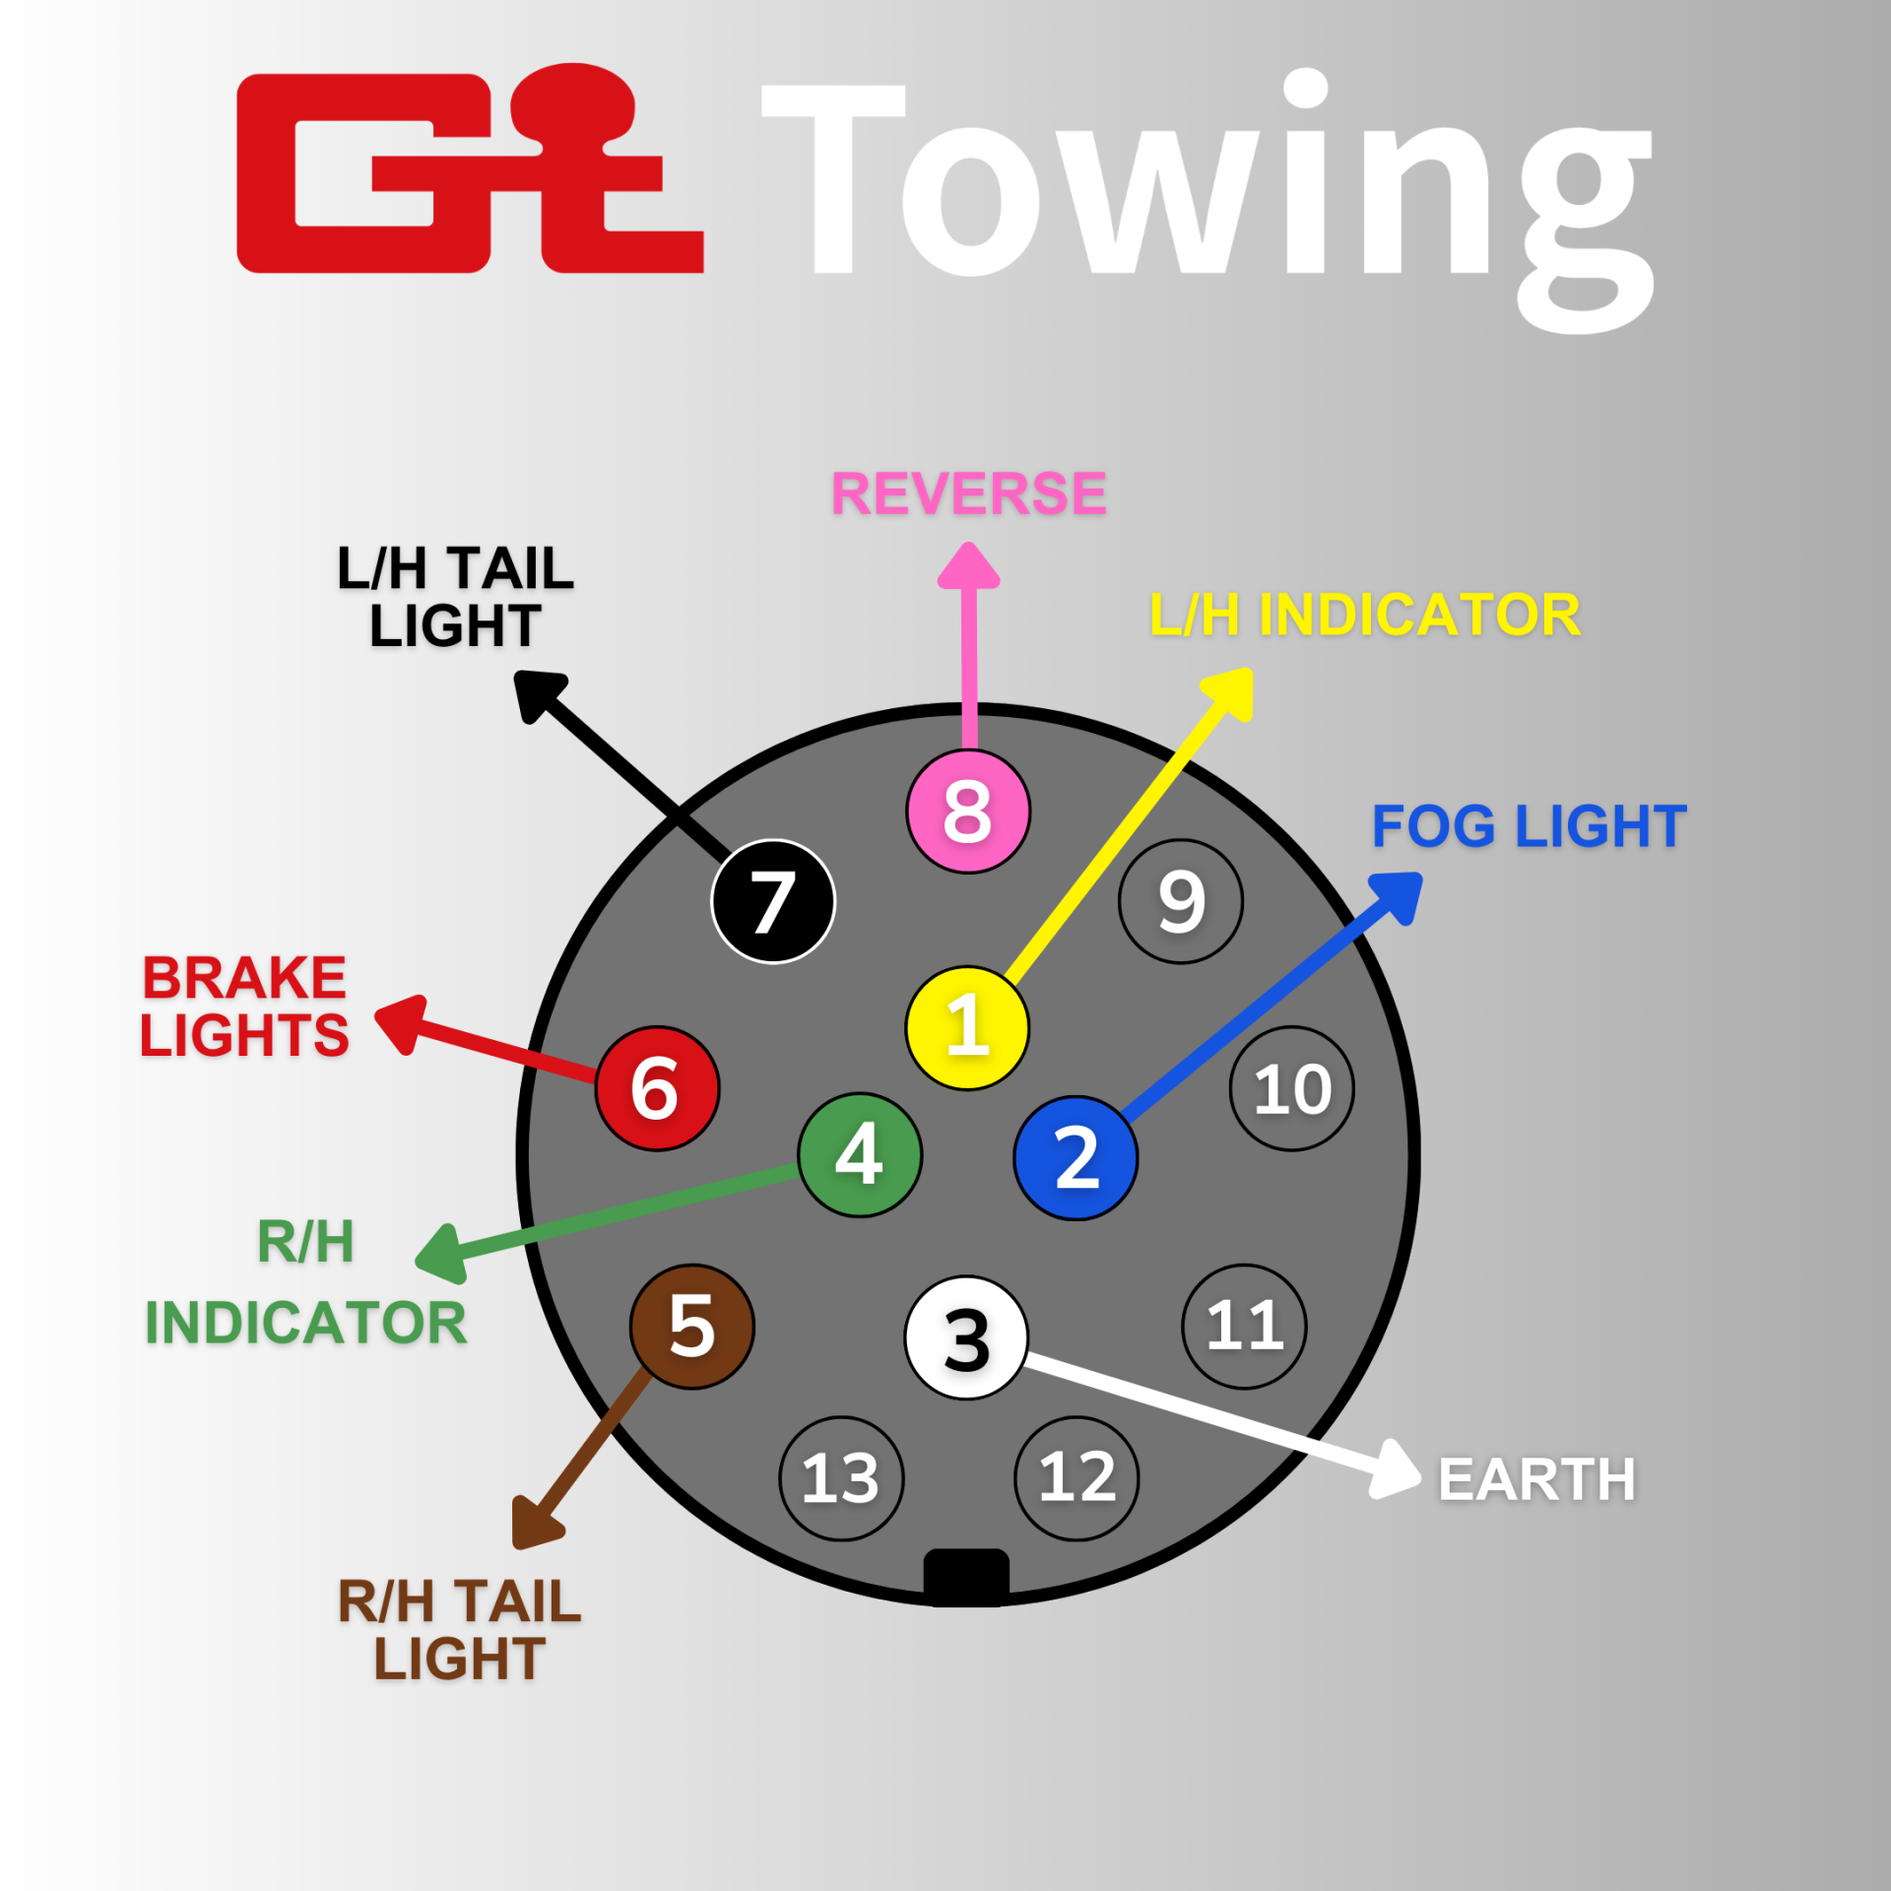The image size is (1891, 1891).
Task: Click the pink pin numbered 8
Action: pyautogui.click(x=967, y=812)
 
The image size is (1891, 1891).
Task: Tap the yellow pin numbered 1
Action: pyautogui.click(x=967, y=1027)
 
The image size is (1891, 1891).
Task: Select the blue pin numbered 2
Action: pyautogui.click(x=1076, y=1158)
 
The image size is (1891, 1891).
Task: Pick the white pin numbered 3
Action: pyautogui.click(x=966, y=1337)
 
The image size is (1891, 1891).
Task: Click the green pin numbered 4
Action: pyautogui.click(x=860, y=1154)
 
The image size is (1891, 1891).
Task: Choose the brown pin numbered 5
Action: pyautogui.click(x=692, y=1327)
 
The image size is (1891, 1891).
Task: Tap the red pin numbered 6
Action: pyautogui.click(x=657, y=1088)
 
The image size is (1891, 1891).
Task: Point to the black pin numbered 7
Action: pyautogui.click(x=773, y=901)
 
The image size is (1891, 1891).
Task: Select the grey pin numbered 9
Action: pyautogui.click(x=1181, y=901)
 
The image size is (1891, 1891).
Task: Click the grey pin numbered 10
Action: pyautogui.click(x=1292, y=1088)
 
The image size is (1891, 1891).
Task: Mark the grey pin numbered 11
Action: pyautogui.click(x=1244, y=1327)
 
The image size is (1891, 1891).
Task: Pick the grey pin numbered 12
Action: pyautogui.click(x=1076, y=1478)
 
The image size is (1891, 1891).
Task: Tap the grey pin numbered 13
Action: pyautogui.click(x=841, y=1478)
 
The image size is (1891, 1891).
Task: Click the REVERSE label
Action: pyautogui.click(x=969, y=493)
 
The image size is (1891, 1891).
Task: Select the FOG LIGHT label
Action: pyautogui.click(x=1529, y=826)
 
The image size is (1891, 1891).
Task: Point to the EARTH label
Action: pyautogui.click(x=1536, y=1479)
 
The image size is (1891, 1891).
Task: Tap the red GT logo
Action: pyautogui.click(x=470, y=170)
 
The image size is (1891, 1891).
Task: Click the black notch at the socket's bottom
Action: pyautogui.click(x=966, y=1576)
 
